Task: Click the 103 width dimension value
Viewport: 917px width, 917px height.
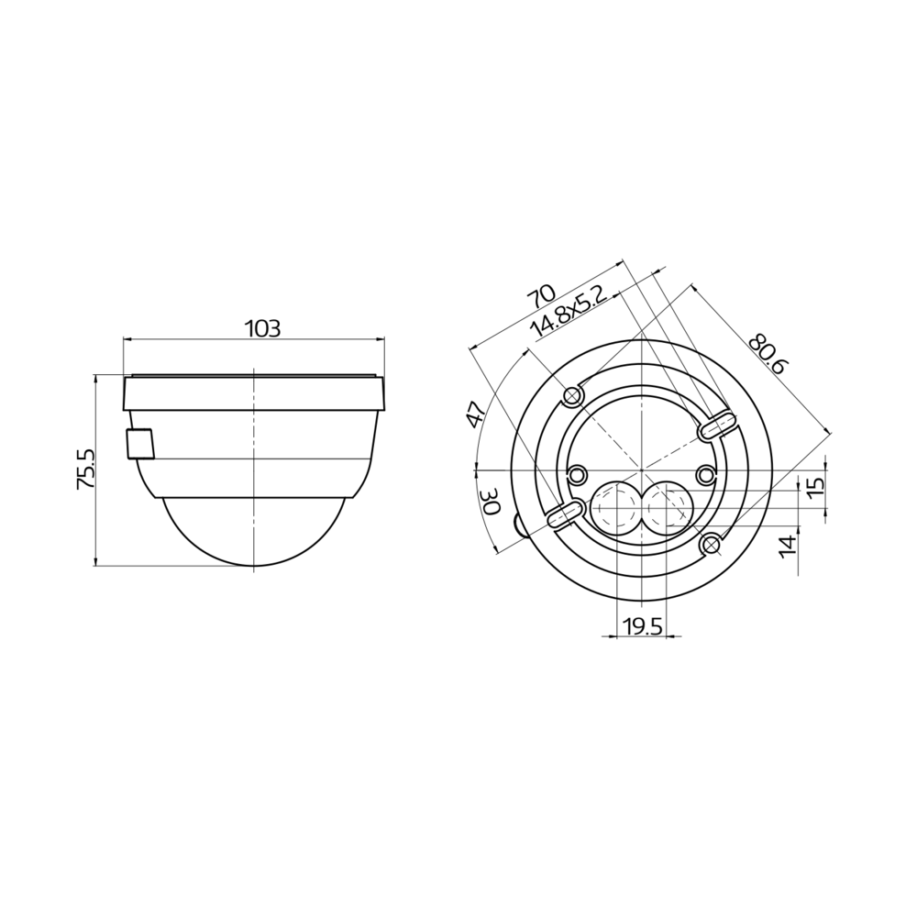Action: (262, 328)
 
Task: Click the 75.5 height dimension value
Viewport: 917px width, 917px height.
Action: (84, 469)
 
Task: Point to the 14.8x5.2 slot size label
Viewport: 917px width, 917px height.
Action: (569, 313)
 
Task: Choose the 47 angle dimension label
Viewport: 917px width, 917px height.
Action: (474, 414)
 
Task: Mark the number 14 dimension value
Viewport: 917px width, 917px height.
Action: (787, 547)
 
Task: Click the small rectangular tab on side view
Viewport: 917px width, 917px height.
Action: (140, 443)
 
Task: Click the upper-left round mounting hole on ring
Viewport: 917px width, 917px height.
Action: (574, 395)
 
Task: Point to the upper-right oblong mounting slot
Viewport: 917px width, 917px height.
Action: (717, 425)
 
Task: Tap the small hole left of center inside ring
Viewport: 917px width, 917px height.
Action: (579, 475)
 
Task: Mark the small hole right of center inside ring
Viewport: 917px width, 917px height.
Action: (705, 474)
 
